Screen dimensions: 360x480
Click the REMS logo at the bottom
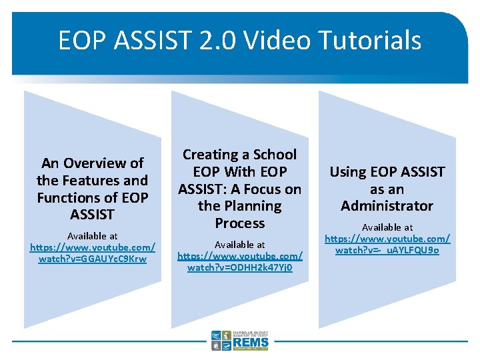point(240,341)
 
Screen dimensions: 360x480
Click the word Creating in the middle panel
point(211,155)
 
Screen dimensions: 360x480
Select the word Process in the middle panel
point(240,223)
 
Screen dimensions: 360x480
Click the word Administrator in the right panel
point(387,206)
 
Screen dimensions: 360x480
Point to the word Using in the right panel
point(347,172)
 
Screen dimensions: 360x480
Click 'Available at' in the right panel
point(387,227)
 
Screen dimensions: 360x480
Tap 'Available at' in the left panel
point(93,236)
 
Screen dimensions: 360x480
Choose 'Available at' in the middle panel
point(240,245)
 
